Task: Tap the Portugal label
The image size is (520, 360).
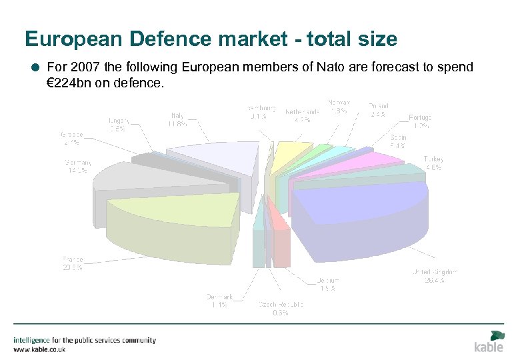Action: coord(420,121)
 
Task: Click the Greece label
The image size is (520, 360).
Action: coord(70,137)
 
